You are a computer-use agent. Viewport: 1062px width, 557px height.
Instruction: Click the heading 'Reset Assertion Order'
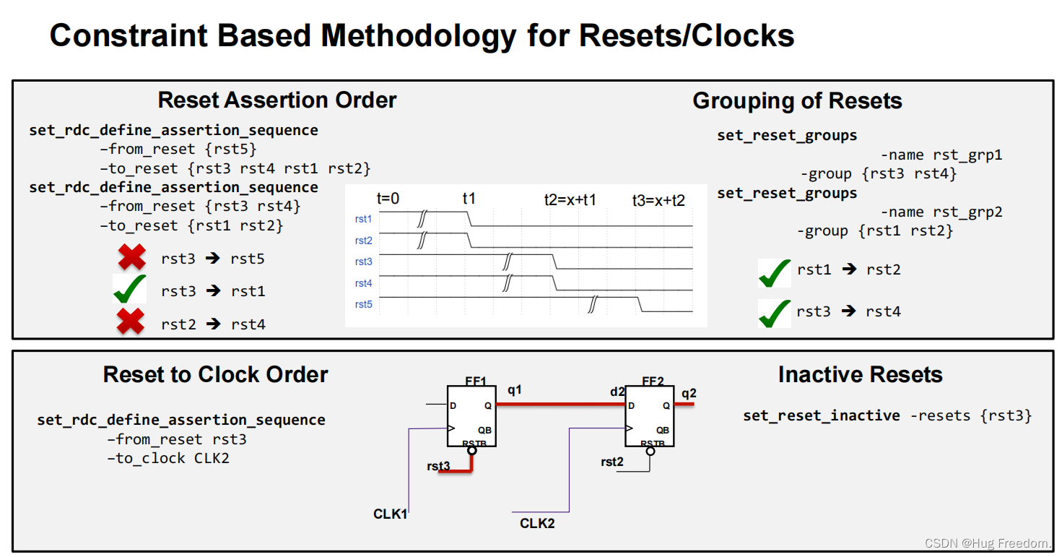point(277,100)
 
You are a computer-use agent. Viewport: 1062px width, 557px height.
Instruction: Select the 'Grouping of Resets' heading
point(797,100)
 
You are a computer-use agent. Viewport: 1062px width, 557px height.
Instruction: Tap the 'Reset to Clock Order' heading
point(215,374)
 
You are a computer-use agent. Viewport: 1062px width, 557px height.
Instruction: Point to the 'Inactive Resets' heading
point(860,374)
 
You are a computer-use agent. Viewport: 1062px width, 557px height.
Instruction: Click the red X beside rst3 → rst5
point(131,258)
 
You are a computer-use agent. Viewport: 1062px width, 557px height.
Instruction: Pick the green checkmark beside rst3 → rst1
point(130,290)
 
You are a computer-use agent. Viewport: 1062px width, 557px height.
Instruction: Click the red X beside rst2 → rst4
point(131,322)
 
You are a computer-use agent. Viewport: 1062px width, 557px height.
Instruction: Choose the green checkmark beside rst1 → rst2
point(775,272)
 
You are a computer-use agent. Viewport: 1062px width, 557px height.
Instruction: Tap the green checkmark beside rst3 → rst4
point(775,314)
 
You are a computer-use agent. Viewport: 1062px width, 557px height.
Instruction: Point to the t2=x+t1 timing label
point(570,199)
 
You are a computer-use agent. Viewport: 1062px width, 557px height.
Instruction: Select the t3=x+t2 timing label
point(658,200)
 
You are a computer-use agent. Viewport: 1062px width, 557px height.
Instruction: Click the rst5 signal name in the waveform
point(363,304)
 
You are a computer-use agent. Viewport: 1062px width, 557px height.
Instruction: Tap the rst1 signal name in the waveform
point(363,218)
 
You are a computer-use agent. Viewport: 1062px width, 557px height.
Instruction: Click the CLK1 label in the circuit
point(391,514)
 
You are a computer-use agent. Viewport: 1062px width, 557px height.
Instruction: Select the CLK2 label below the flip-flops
point(537,522)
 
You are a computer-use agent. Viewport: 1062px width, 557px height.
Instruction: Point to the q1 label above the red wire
point(515,390)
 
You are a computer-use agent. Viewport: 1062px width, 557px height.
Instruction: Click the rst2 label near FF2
point(611,462)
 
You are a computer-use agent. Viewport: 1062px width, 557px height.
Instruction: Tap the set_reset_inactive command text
point(822,415)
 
